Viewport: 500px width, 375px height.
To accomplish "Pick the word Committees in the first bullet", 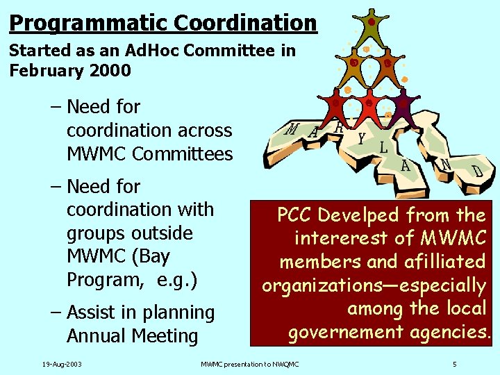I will [x=183, y=153].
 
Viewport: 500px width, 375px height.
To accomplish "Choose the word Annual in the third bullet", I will [x=97, y=336].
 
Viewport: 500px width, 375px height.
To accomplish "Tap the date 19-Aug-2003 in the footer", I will [x=62, y=364].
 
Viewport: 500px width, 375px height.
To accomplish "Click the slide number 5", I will [x=454, y=364].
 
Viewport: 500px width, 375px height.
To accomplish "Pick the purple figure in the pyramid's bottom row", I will [x=402, y=104].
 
